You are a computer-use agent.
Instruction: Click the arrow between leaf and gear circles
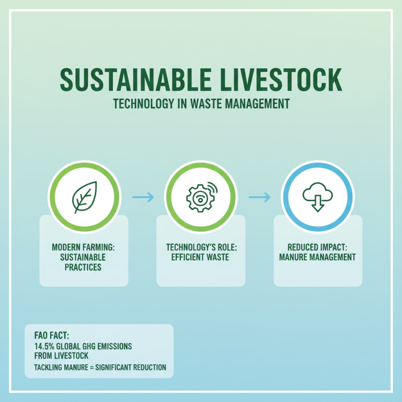point(143,197)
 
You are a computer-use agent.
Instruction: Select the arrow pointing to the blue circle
point(259,197)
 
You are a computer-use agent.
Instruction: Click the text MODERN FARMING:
point(83,248)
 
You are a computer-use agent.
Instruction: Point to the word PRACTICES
point(83,267)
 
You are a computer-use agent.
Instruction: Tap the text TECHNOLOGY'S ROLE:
point(200,248)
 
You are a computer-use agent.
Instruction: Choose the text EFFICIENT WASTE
point(200,257)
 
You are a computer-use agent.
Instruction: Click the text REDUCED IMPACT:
point(318,248)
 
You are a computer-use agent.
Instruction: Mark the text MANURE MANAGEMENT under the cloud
point(318,257)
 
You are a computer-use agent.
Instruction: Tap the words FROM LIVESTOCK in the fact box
point(61,356)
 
